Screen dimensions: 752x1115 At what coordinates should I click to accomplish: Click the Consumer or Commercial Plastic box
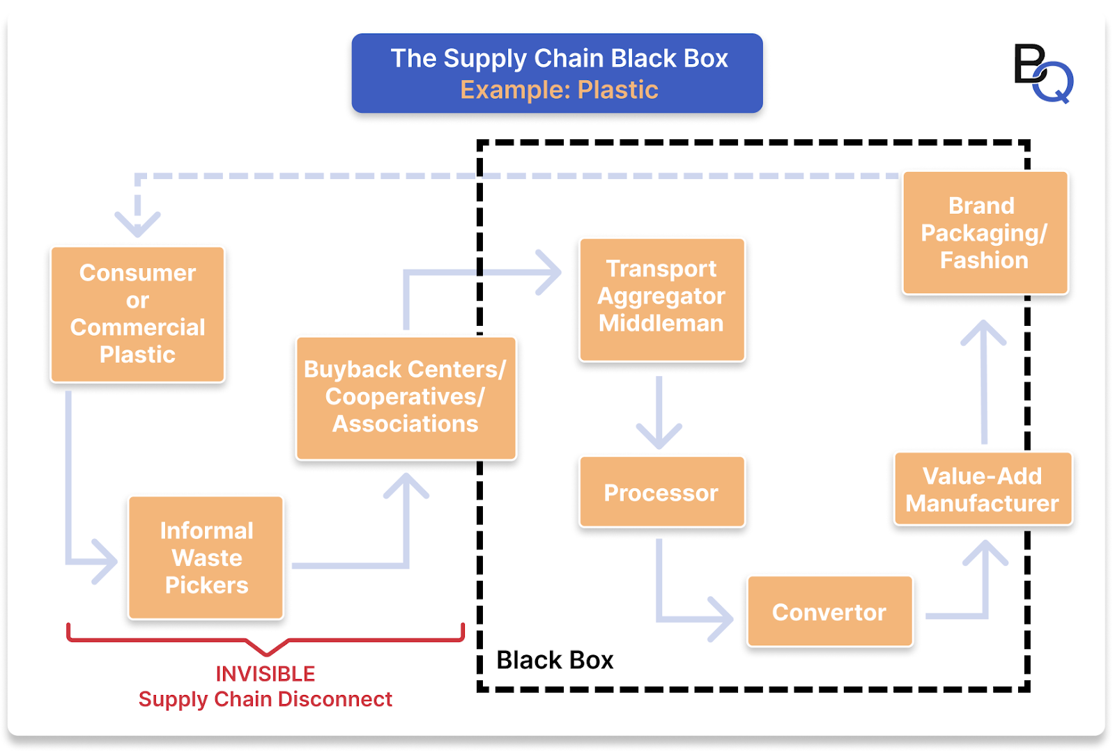137,314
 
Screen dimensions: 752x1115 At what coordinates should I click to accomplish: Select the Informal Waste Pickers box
206,558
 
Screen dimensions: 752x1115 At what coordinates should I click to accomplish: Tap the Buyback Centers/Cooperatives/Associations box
406,398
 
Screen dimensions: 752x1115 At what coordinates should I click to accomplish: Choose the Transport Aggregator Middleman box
661,299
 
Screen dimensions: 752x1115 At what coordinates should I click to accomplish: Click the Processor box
661,492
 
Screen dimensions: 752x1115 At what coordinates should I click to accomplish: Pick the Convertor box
829,612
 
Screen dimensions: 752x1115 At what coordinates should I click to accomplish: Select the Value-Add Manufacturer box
983,489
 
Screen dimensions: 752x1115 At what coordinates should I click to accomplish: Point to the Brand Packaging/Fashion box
985,233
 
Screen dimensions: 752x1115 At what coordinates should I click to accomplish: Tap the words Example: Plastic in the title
559,90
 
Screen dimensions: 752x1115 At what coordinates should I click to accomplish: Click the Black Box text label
555,660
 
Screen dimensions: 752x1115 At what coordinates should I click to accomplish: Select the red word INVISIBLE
266,674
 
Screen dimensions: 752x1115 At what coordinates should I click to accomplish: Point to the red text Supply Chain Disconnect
266,699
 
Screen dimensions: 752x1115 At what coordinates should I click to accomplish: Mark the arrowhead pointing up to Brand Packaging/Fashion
983,332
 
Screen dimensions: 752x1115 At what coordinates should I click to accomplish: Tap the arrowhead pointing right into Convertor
722,618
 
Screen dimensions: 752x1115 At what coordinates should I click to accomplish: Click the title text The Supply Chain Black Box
559,58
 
